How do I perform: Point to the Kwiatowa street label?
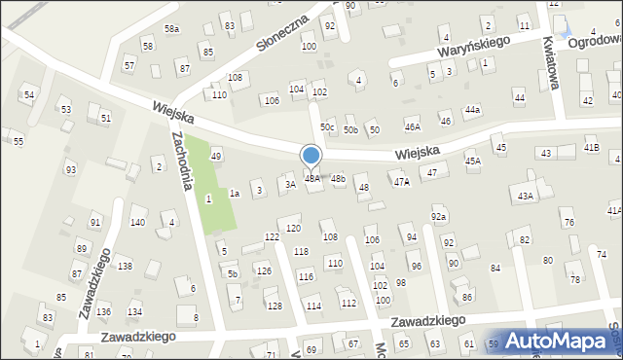click(552, 62)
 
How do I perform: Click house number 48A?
click(312, 179)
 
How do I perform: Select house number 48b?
click(338, 179)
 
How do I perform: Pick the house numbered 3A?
click(289, 183)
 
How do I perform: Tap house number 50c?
click(328, 127)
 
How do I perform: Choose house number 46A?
click(413, 127)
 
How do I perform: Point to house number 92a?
click(439, 216)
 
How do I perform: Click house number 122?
click(272, 237)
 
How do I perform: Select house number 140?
click(138, 223)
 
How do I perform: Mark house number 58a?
click(171, 29)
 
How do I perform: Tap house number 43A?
click(526, 197)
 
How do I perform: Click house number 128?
click(275, 306)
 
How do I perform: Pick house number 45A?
click(473, 161)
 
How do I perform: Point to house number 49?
click(216, 156)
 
